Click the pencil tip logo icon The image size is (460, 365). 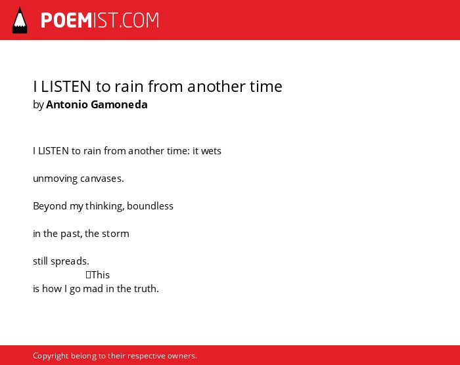click(x=20, y=20)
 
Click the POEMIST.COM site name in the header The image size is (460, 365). click(x=100, y=20)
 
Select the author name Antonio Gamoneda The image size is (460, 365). click(x=97, y=104)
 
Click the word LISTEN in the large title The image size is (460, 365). click(x=66, y=87)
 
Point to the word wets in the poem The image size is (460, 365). click(x=211, y=151)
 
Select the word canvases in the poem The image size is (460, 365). click(x=102, y=179)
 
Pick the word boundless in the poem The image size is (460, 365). click(x=150, y=206)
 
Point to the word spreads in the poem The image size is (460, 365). click(x=70, y=261)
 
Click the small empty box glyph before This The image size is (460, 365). click(x=88, y=274)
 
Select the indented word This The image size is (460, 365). click(x=101, y=275)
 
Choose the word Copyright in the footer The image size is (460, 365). click(x=51, y=356)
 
